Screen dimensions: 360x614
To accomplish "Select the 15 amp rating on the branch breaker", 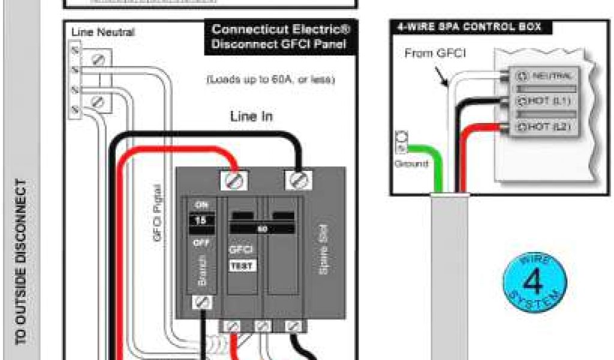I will (x=201, y=220).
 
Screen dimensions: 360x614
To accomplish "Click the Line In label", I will (x=251, y=116).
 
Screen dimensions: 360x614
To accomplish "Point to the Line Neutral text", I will (x=103, y=32).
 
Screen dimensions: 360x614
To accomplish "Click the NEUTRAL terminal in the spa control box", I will (x=546, y=76).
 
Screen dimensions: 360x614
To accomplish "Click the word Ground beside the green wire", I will (x=411, y=163).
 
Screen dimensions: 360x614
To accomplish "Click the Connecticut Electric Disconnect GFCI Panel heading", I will (x=281, y=37).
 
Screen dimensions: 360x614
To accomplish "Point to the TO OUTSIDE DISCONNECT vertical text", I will (x=21, y=261).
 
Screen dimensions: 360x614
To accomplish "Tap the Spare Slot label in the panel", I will (x=324, y=255).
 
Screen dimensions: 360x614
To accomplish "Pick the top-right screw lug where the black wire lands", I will (x=298, y=178).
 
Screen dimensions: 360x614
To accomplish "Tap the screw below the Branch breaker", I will (x=201, y=303).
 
